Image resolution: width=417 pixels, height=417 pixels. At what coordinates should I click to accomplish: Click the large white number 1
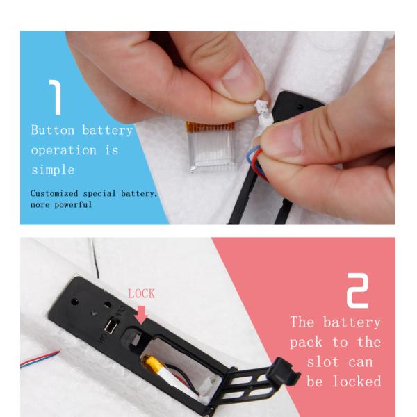tap(56, 97)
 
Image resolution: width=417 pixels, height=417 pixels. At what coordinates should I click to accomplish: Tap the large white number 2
tap(358, 291)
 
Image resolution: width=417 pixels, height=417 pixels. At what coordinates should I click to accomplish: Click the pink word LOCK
tap(141, 294)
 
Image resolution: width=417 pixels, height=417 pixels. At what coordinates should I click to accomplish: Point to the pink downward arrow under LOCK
tap(141, 315)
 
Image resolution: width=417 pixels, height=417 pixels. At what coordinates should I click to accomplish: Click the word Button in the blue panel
tap(53, 131)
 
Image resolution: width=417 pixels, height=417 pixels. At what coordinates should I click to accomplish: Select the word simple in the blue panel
tap(53, 170)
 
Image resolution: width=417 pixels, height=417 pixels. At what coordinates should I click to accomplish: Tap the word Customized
tap(54, 193)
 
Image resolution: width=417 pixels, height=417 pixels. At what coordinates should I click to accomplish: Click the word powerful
tap(73, 205)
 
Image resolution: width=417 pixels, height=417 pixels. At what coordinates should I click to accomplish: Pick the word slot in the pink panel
tap(323, 362)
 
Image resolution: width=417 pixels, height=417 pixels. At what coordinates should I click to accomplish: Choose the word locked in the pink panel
tap(357, 381)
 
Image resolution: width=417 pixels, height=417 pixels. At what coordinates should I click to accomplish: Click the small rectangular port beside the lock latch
tap(110, 326)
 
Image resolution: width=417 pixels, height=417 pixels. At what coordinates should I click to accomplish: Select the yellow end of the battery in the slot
tap(152, 362)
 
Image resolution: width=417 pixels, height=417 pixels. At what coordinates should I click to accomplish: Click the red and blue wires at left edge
tap(40, 359)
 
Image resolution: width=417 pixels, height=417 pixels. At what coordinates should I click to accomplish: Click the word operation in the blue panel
tap(63, 151)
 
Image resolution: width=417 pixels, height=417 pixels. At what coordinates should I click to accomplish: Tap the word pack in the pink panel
tap(306, 343)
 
